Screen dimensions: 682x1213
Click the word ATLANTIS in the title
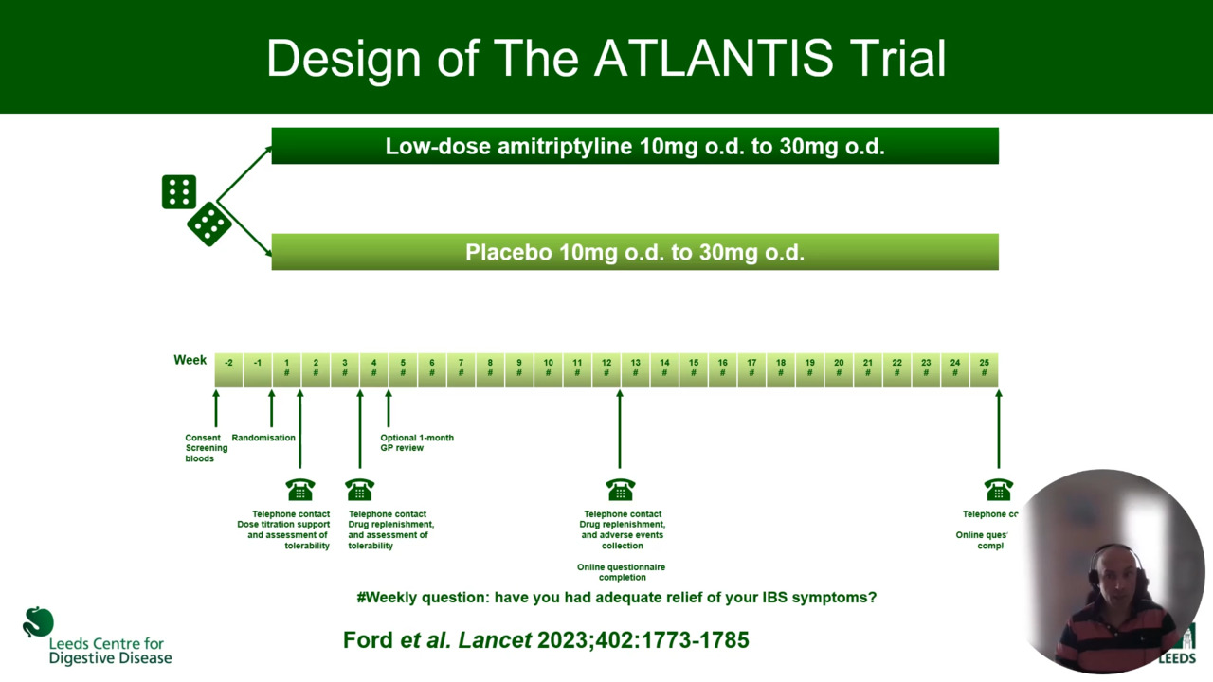tap(714, 59)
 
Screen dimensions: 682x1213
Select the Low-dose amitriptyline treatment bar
tap(634, 147)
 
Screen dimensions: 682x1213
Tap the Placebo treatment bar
tap(634, 253)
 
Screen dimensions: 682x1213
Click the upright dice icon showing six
tap(179, 192)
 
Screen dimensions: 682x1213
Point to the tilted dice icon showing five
tap(209, 224)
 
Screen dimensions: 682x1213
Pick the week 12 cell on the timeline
tap(606, 368)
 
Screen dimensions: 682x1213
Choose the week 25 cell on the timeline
tap(984, 368)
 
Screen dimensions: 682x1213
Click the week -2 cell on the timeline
tap(229, 368)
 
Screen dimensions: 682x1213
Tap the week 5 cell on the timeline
tap(403, 368)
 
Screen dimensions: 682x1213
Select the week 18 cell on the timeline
tap(781, 368)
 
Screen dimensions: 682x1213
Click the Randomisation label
tap(263, 438)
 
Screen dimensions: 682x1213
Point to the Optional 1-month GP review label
tap(417, 442)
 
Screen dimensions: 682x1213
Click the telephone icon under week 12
tap(621, 490)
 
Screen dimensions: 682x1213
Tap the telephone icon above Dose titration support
tap(300, 490)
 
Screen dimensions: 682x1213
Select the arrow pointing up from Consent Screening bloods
tap(216, 408)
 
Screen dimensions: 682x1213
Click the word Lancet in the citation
tap(495, 640)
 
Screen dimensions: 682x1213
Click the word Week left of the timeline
tap(190, 360)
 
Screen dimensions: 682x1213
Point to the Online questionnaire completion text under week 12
tap(622, 572)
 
